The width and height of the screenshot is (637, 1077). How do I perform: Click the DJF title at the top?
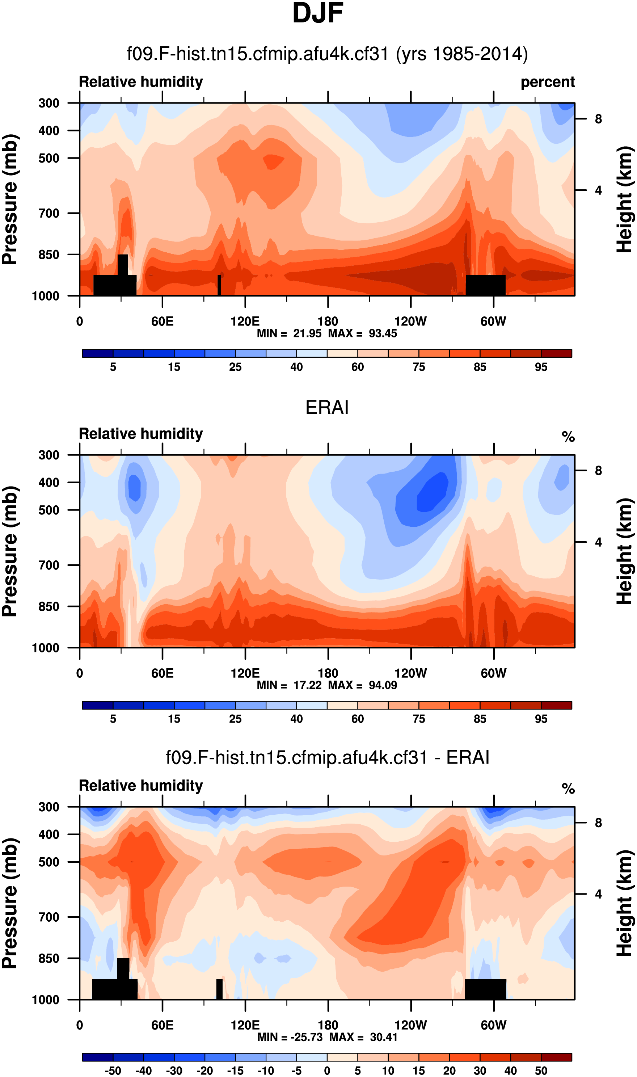(318, 14)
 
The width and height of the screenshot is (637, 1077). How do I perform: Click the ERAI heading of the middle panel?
(327, 407)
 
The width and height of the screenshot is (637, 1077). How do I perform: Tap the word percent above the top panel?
(547, 82)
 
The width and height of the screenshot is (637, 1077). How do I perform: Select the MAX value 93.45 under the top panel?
(383, 333)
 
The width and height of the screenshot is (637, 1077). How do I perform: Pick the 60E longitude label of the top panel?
(162, 321)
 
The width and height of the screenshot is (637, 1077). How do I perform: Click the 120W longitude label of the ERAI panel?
(410, 673)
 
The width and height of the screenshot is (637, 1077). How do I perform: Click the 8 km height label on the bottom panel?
(598, 823)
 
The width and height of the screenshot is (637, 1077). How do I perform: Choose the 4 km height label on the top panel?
(598, 190)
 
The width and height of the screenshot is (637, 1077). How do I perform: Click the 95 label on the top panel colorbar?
(541, 367)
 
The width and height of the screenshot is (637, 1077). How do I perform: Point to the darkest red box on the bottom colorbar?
(556, 1057)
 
